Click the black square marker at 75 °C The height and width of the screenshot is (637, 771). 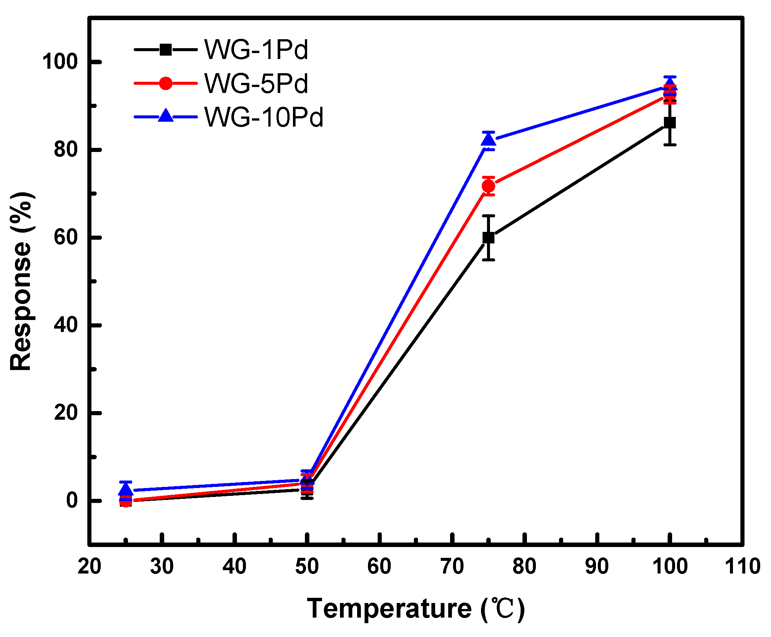click(488, 237)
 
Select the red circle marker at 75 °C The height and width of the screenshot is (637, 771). click(488, 186)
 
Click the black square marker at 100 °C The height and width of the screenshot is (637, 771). click(670, 122)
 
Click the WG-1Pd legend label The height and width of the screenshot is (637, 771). click(256, 50)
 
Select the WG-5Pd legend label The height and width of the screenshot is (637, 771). click(256, 83)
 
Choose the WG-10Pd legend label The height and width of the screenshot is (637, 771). click(263, 117)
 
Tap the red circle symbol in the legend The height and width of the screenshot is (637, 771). click(166, 83)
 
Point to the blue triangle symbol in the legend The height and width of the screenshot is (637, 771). click(166, 116)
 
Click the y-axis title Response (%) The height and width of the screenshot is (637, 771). click(21, 282)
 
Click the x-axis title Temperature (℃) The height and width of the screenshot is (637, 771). click(415, 609)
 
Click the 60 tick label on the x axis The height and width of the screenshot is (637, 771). click(379, 566)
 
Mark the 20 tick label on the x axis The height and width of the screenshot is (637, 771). click(90, 566)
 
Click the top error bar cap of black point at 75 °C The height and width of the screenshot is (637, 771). click(488, 216)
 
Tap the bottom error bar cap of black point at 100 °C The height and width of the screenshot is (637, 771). click(670, 145)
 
